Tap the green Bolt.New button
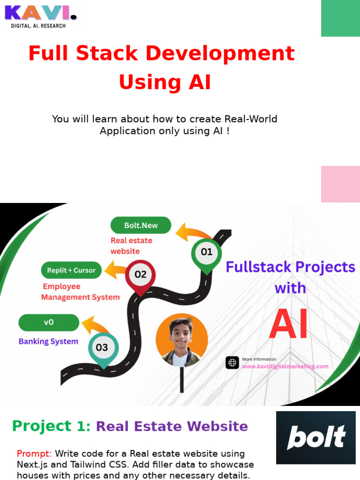(x=141, y=225)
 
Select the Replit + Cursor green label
(x=71, y=270)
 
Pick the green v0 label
(x=49, y=322)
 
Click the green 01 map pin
(x=206, y=253)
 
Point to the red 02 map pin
(x=140, y=276)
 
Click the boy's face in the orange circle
(x=181, y=334)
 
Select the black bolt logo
(x=315, y=437)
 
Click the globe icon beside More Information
(x=232, y=363)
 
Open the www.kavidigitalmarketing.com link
(x=285, y=367)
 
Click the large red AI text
(x=289, y=324)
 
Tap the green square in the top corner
(x=340, y=18)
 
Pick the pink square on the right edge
(x=340, y=184)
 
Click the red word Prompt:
(x=34, y=454)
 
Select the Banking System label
(x=48, y=341)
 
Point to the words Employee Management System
(x=80, y=292)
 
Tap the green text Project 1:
(x=52, y=426)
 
